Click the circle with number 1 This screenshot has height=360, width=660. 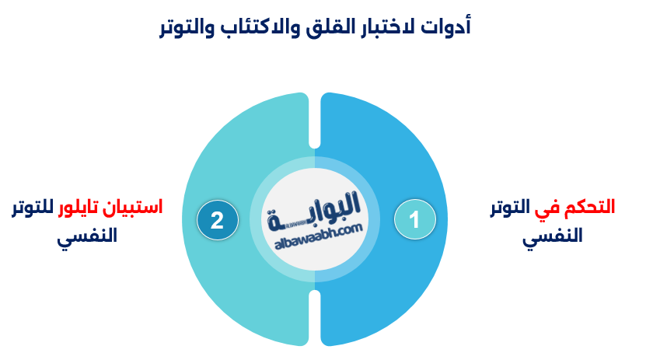click(414, 219)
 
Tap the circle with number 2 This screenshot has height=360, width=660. click(217, 220)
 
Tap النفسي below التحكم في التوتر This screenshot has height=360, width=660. click(552, 236)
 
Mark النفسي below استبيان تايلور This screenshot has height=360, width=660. click(87, 236)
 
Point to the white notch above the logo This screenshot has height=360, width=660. click(314, 120)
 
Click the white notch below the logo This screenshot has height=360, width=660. click(314, 318)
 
